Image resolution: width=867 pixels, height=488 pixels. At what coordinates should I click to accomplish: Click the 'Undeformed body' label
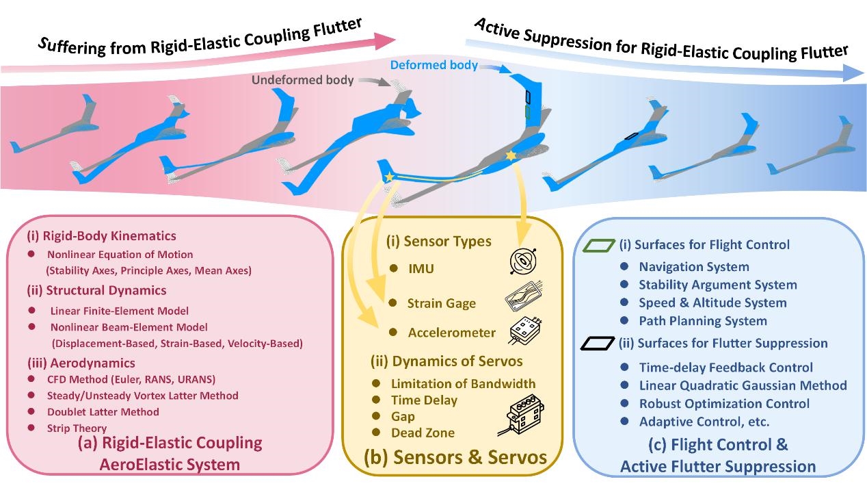[x=302, y=80]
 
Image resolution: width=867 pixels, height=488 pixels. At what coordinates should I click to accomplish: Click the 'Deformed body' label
[x=433, y=66]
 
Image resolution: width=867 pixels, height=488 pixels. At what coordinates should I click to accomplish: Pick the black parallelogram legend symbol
[x=599, y=344]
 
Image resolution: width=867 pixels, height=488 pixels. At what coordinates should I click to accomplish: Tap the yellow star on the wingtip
[x=389, y=178]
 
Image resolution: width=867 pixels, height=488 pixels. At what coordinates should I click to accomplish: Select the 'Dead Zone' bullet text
[x=423, y=433]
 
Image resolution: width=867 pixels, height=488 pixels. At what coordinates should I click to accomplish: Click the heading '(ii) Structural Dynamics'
[x=96, y=291]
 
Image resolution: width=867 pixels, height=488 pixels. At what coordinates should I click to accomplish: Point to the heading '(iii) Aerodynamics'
[x=81, y=363]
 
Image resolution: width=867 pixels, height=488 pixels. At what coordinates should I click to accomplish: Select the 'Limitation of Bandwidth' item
[x=463, y=384]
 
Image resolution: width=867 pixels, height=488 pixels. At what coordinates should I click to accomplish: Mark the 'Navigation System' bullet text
[x=694, y=267]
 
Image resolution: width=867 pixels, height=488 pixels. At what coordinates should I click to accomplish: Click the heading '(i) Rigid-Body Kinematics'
[x=101, y=236]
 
